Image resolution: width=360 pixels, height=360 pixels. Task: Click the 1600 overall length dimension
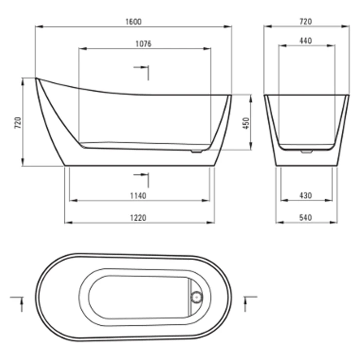[x=133, y=22]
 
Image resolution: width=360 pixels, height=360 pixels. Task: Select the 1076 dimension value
[x=144, y=44]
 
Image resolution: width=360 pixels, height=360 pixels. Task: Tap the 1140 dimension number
[x=138, y=196]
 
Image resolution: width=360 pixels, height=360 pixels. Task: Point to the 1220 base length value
[x=138, y=217]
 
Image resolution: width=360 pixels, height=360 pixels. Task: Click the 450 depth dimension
[x=246, y=123]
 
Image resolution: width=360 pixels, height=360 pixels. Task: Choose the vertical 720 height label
[x=18, y=123]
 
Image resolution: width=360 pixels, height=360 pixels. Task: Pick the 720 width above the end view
[x=306, y=21]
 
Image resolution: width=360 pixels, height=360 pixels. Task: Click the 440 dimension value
[x=306, y=41]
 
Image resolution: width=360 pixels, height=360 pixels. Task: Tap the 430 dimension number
[x=306, y=196]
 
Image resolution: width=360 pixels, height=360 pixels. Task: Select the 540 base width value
[x=306, y=217]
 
